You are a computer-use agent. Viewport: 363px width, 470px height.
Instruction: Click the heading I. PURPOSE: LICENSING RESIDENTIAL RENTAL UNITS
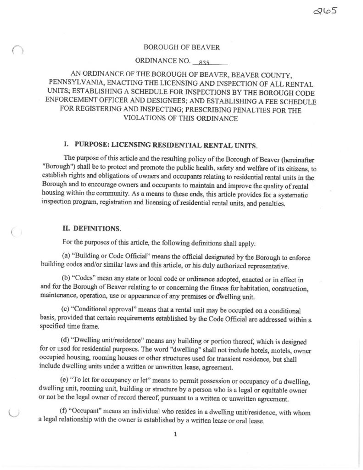160,146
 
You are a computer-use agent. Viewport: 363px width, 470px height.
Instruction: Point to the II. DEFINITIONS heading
92,228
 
